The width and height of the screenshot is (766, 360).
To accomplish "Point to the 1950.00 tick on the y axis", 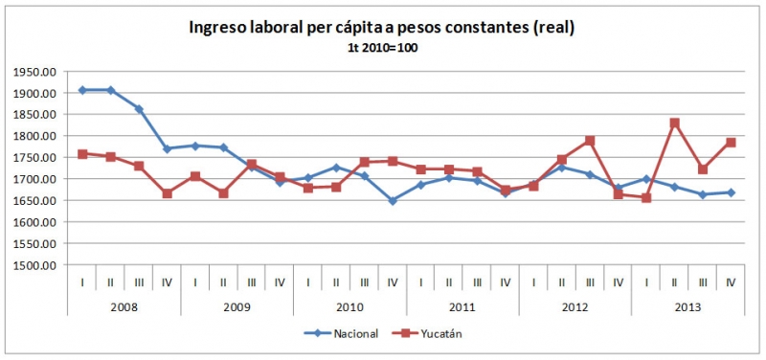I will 37,72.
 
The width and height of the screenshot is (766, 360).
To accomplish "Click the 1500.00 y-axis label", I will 37,265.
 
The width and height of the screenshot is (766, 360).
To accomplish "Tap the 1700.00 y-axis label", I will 37,179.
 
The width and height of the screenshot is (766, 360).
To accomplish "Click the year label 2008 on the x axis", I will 124,306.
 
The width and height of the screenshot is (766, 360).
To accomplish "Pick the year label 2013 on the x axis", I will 687,306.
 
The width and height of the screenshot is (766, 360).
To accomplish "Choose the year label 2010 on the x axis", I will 349,306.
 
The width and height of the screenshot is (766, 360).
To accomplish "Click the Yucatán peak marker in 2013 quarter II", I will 675,124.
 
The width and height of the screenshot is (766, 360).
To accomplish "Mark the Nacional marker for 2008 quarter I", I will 82,90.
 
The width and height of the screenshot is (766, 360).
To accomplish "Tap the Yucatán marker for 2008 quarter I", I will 82,154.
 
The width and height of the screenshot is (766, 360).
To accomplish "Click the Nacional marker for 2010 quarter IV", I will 393,201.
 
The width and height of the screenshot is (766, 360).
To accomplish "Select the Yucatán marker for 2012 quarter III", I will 590,141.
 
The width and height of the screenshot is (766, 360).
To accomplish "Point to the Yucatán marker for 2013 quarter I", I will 646,198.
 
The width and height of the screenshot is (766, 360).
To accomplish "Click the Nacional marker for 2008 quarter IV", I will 167,148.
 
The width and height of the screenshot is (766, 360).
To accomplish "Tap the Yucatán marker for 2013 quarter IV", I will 731,143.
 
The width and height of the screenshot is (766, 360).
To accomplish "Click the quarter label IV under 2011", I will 506,282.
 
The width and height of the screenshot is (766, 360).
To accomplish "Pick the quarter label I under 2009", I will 195,282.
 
